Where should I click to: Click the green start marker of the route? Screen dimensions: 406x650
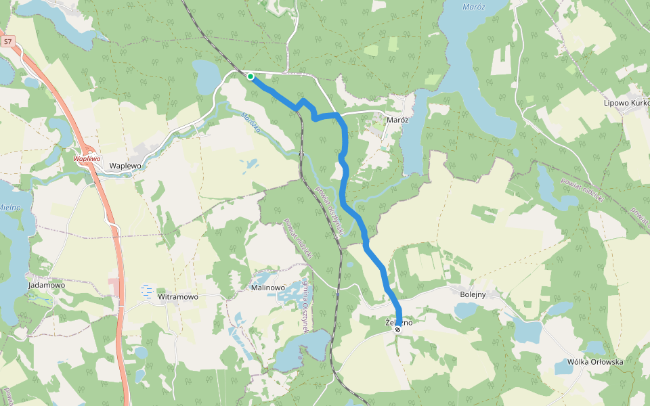pyautogui.click(x=251, y=76)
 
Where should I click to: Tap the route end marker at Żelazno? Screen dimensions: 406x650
pyautogui.click(x=397, y=329)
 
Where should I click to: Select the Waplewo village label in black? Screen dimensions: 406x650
pyautogui.click(x=125, y=165)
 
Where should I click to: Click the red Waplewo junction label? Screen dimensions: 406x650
pyautogui.click(x=87, y=158)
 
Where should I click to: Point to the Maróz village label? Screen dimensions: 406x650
pyautogui.click(x=397, y=120)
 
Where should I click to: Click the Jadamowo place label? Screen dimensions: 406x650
pyautogui.click(x=47, y=286)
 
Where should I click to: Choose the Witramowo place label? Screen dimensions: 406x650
pyautogui.click(x=177, y=297)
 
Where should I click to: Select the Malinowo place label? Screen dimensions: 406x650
pyautogui.click(x=268, y=288)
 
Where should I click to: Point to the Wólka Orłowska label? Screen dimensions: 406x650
pyautogui.click(x=589, y=362)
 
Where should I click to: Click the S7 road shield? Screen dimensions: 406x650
pyautogui.click(x=7, y=42)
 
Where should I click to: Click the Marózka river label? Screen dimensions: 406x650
pyautogui.click(x=251, y=122)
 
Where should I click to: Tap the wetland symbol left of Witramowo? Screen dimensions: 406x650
pyautogui.click(x=147, y=292)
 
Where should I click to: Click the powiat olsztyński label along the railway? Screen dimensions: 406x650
pyautogui.click(x=332, y=212)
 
